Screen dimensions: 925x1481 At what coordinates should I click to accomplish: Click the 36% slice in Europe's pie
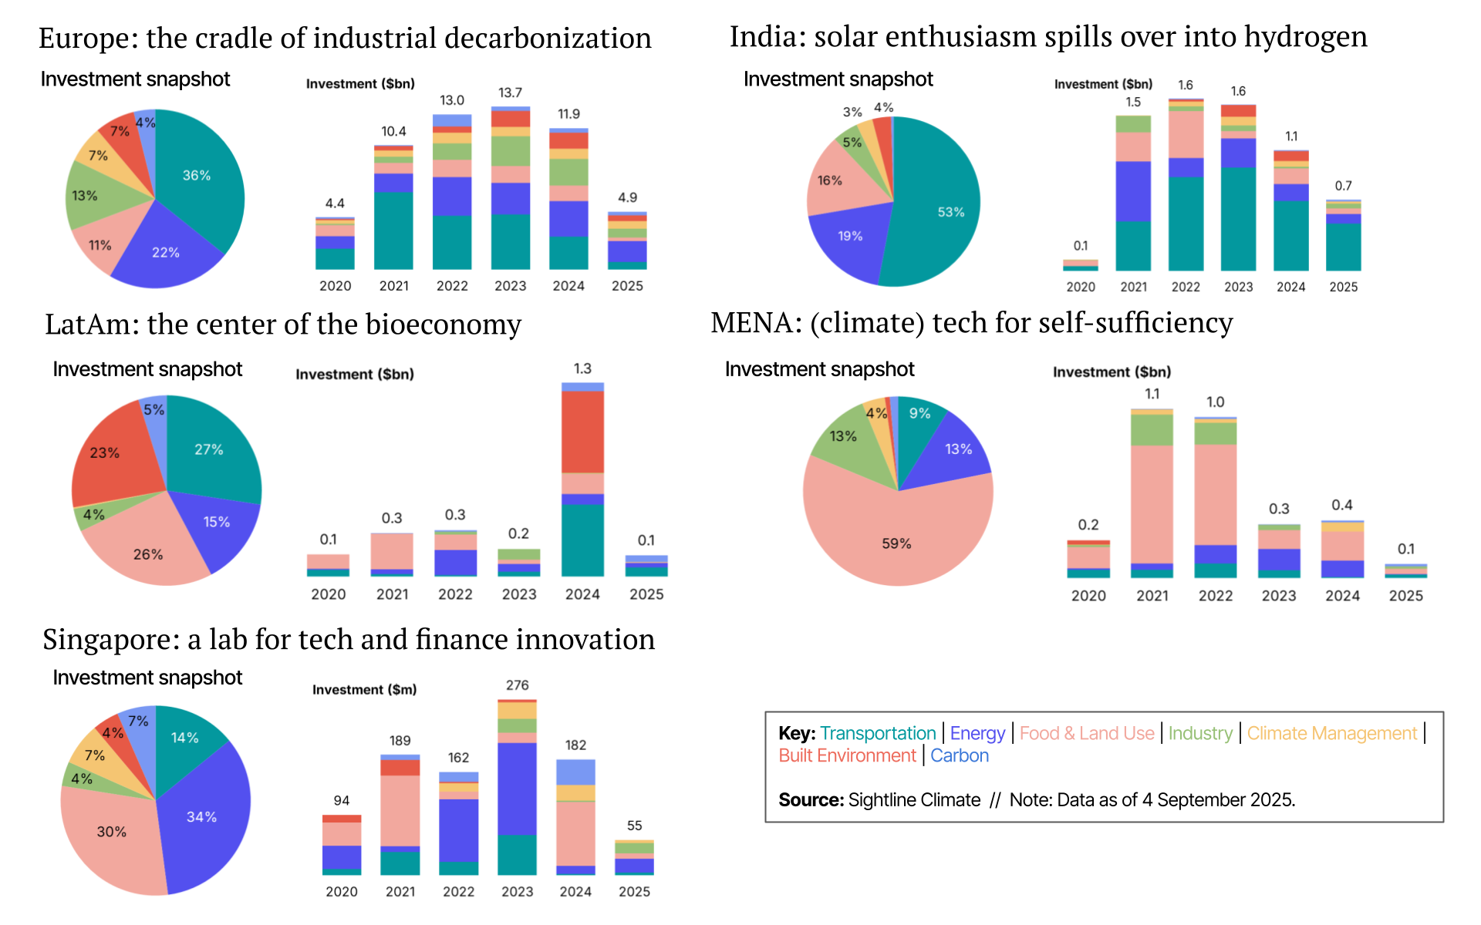197,175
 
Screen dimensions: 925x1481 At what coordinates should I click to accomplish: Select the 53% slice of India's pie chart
945,208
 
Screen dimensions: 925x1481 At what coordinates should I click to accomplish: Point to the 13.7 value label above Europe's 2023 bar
510,92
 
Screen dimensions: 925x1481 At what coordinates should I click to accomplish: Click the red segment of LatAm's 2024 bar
582,432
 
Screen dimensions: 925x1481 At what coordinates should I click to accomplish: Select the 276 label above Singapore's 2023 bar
517,685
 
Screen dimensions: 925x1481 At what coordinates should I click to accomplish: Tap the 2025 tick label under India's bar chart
1343,287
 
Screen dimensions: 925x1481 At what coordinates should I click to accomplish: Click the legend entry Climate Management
1331,733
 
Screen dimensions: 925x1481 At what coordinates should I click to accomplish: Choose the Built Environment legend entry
847,755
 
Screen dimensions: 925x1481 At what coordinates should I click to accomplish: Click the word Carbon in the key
959,755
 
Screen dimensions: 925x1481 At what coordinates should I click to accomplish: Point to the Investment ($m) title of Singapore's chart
364,689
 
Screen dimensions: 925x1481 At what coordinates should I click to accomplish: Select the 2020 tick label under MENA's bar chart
1088,595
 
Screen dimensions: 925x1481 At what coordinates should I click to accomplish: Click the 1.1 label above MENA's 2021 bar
1152,394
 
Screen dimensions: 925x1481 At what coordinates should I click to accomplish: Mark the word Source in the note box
810,799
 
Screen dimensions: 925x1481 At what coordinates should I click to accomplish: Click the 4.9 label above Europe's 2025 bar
627,197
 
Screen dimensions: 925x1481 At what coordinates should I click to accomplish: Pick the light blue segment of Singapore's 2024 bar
575,772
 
